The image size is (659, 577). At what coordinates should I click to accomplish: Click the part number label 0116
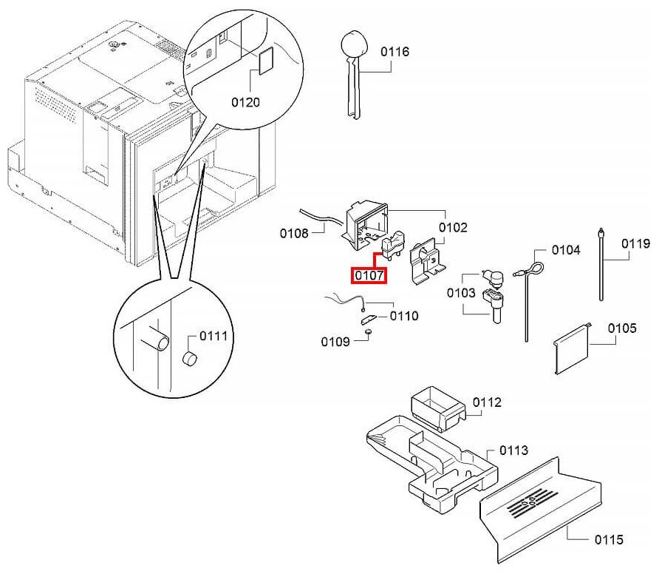pyautogui.click(x=395, y=52)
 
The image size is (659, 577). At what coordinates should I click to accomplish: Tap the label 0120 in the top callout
pyautogui.click(x=245, y=102)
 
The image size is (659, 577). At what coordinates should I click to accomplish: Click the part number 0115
pyautogui.click(x=608, y=539)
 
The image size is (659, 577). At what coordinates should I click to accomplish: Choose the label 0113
pyautogui.click(x=514, y=450)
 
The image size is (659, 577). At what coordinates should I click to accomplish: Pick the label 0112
pyautogui.click(x=487, y=402)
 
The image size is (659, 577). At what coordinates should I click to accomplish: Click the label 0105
pyautogui.click(x=621, y=328)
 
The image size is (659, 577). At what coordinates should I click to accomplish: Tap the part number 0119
pyautogui.click(x=635, y=243)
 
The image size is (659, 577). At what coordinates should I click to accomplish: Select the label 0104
pyautogui.click(x=567, y=250)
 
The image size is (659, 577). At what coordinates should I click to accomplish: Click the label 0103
pyautogui.click(x=461, y=293)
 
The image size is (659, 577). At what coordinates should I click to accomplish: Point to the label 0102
pyautogui.click(x=453, y=228)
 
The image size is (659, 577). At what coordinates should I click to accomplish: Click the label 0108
pyautogui.click(x=294, y=234)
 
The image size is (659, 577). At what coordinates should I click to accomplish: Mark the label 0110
pyautogui.click(x=404, y=316)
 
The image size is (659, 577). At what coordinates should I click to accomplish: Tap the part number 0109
pyautogui.click(x=335, y=342)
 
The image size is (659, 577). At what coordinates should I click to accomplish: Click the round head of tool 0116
pyautogui.click(x=352, y=43)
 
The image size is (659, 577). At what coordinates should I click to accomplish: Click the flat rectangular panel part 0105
pyautogui.click(x=573, y=347)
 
